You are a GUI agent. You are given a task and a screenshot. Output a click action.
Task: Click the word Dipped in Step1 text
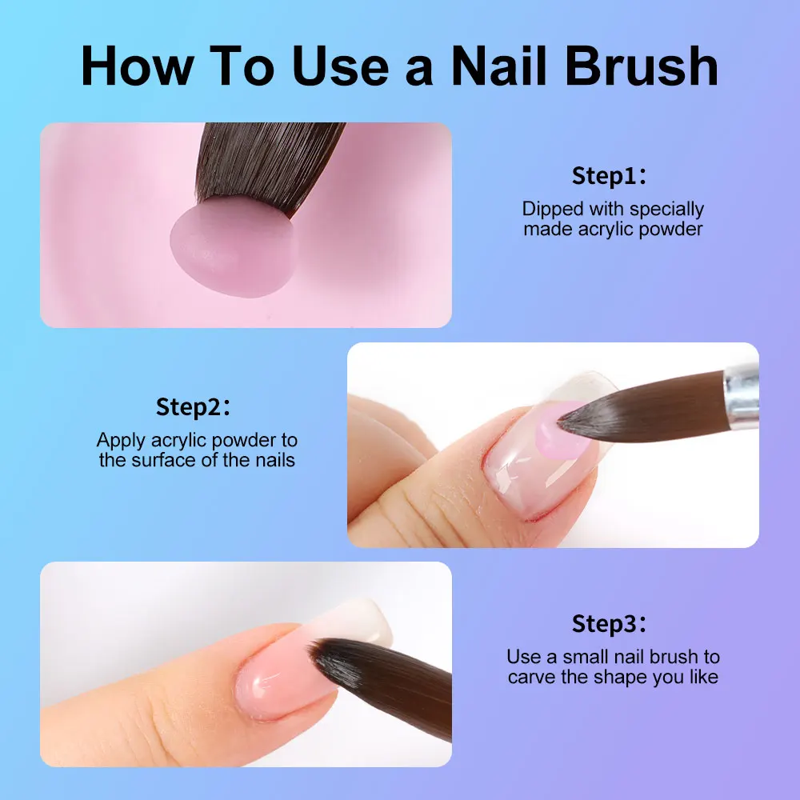tap(553, 210)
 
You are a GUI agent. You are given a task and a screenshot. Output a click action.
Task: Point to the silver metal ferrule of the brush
tap(742, 392)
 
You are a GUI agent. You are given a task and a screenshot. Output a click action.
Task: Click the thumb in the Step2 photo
tap(416, 504)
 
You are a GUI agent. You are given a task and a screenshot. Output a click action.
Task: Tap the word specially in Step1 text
tap(666, 210)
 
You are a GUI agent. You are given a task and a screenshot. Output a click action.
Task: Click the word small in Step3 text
tap(589, 658)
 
